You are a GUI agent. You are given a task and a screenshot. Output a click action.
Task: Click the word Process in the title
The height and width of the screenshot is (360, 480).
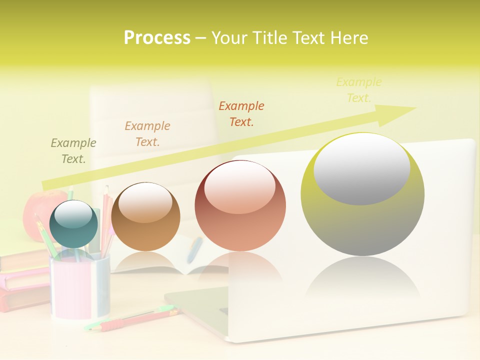point(157,38)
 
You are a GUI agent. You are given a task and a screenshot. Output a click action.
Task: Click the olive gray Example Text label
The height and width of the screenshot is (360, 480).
point(73,151)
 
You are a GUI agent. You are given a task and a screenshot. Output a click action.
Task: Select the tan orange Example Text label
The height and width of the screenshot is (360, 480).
point(147,134)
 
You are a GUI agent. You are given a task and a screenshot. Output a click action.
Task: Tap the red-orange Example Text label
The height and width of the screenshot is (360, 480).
point(241,113)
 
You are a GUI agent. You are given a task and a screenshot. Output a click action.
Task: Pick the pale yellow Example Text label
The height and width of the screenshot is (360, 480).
point(358,90)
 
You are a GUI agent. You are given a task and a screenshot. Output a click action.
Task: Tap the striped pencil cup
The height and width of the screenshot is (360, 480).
point(80,287)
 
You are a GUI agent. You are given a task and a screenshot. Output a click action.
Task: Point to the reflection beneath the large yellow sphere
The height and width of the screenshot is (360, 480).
point(362,280)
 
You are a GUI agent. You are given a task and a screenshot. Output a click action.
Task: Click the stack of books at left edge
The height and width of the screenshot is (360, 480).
point(22,280)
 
